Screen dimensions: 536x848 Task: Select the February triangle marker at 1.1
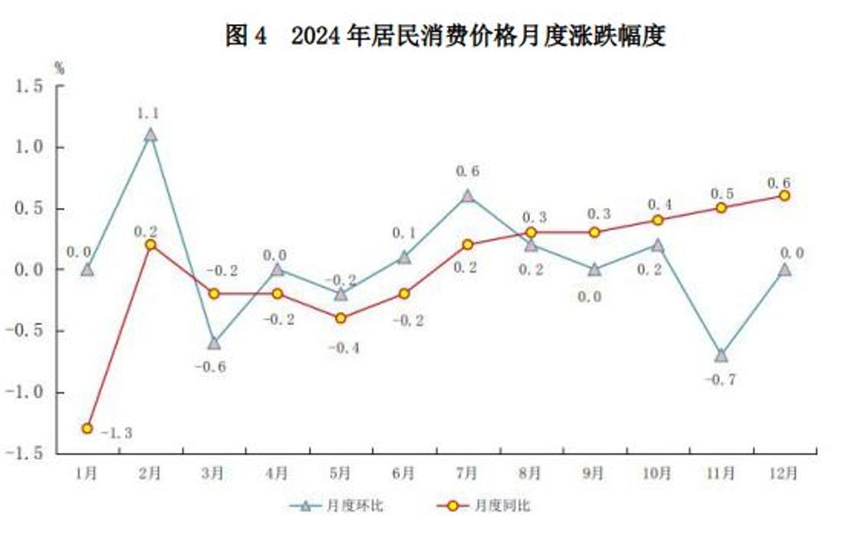[150, 134]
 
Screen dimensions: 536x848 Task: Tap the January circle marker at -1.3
[87, 427]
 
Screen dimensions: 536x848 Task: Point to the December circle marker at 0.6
[783, 196]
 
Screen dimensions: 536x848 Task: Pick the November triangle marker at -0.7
[720, 355]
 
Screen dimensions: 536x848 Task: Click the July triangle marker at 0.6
[467, 196]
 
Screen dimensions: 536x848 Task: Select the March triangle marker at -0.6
[214, 342]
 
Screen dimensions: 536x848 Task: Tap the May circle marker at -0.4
[340, 318]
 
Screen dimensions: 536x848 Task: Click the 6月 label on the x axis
[403, 474]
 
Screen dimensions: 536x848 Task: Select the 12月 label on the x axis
[783, 474]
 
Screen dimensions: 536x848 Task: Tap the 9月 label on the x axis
[594, 474]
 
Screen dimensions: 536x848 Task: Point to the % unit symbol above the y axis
[59, 69]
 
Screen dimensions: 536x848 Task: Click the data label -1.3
[117, 432]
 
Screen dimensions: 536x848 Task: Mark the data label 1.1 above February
[150, 113]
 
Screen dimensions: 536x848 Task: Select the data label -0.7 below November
[720, 379]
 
